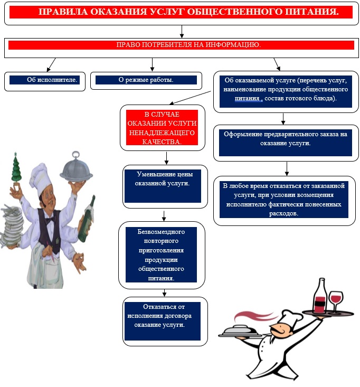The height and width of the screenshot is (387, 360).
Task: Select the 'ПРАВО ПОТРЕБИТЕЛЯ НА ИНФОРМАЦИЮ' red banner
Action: tap(182, 45)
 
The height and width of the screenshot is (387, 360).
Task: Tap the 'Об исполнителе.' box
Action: tap(44, 80)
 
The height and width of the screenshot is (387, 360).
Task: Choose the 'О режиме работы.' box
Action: tap(146, 80)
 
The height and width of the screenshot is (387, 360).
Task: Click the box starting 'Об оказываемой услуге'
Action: tap(286, 91)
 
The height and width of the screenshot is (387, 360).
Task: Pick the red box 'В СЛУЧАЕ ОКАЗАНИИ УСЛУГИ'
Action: tap(162, 128)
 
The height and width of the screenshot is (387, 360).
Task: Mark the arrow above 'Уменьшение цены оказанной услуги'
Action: tap(166, 158)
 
